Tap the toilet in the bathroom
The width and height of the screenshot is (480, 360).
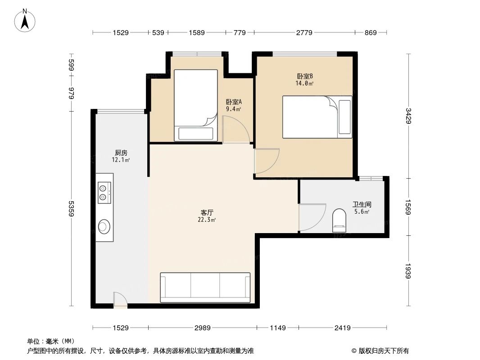[339, 221]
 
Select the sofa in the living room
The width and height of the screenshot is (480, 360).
[205, 287]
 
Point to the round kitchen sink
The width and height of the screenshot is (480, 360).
[104, 226]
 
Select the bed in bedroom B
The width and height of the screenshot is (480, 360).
[317, 117]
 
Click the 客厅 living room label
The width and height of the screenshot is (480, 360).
[207, 212]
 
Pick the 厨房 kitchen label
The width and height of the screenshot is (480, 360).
[121, 153]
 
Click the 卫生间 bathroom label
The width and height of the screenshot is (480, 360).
[362, 204]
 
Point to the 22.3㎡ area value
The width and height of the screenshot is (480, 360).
[207, 220]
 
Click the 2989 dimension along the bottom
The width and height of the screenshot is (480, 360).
[202, 328]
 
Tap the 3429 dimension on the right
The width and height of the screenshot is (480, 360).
[408, 116]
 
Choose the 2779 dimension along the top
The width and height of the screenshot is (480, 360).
[303, 32]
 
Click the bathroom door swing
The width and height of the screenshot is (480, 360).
[311, 217]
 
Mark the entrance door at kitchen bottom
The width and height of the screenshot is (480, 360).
[120, 300]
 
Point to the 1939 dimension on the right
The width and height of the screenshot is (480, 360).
[408, 271]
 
